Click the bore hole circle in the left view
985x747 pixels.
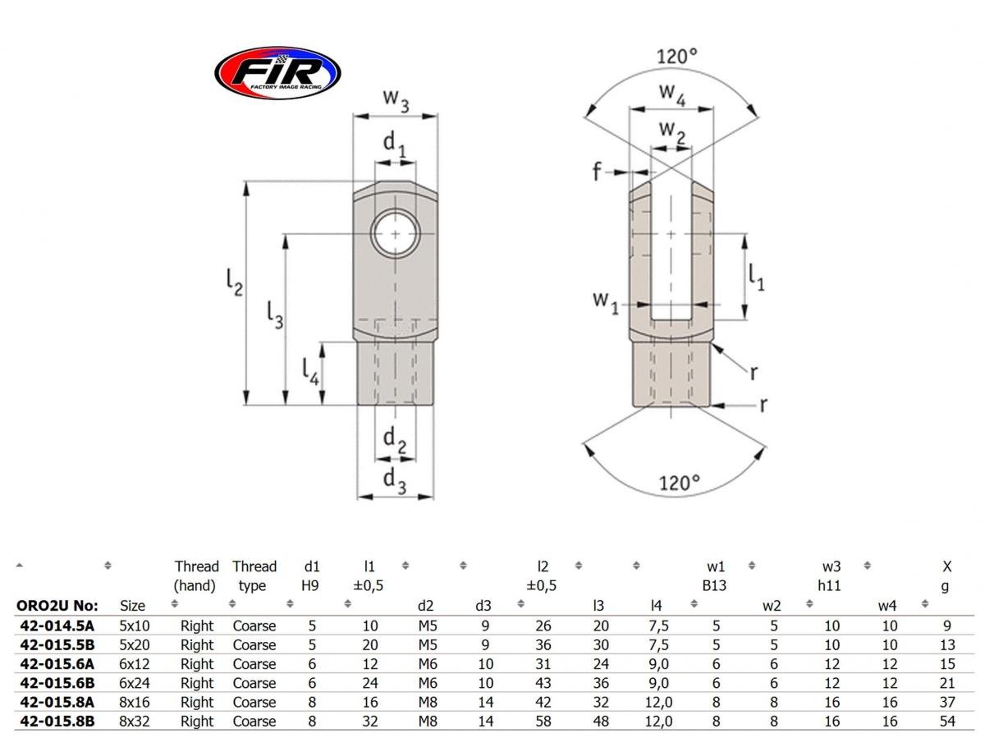[x=396, y=235]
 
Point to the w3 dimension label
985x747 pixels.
[x=396, y=99]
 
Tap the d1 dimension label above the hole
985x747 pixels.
[x=395, y=144]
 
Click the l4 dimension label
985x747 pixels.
[x=309, y=373]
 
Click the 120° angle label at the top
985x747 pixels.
[x=676, y=57]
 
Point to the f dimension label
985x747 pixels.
[x=597, y=171]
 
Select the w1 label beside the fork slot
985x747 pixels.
[x=605, y=301]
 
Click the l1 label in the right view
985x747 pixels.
[x=756, y=277]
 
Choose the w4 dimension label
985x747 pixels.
[x=672, y=95]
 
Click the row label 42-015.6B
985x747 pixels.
[x=55, y=683]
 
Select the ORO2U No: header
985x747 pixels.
[x=57, y=606]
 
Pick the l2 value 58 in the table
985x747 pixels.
[x=543, y=722]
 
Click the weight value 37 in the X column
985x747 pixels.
[x=946, y=702]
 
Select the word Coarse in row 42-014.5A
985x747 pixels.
[x=254, y=626]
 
